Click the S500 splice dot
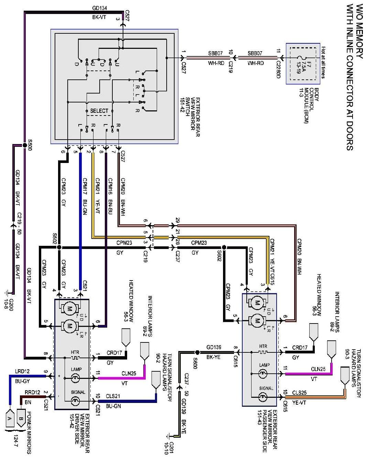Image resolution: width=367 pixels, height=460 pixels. coord(25,145)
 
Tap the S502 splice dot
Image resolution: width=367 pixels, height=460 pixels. coord(59,247)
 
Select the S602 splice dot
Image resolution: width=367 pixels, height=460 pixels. coord(224,247)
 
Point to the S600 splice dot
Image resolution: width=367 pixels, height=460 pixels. coord(197,352)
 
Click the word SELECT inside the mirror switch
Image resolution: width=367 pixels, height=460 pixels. coord(99,111)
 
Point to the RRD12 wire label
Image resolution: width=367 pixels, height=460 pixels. coord(32,392)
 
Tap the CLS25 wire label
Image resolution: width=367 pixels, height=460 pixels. coord(300,392)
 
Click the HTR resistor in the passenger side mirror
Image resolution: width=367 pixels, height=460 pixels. coord(263,352)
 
